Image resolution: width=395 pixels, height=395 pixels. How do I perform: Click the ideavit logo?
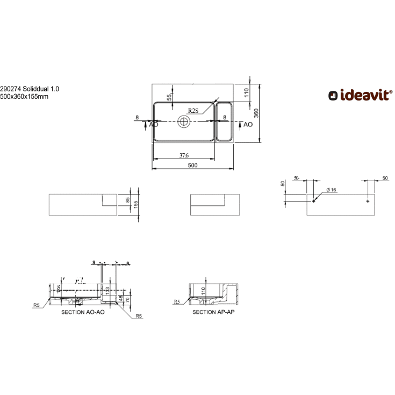pyautogui.click(x=360, y=96)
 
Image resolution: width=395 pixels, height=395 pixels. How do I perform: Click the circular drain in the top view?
pyautogui.click(x=184, y=121)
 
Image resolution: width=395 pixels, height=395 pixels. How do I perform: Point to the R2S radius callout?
pyautogui.click(x=193, y=111)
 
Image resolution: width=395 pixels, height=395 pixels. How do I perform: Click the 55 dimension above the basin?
pyautogui.click(x=169, y=97)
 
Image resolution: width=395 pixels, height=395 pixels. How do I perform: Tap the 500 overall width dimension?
pyautogui.click(x=193, y=166)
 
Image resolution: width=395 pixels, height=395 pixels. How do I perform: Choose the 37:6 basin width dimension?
pyautogui.click(x=183, y=156)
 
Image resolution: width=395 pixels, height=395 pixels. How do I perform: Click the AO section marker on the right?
pyautogui.click(x=248, y=124)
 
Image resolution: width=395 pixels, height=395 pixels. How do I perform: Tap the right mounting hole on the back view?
pyautogui.click(x=368, y=201)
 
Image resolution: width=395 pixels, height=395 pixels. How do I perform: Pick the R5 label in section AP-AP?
pyautogui.click(x=177, y=302)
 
